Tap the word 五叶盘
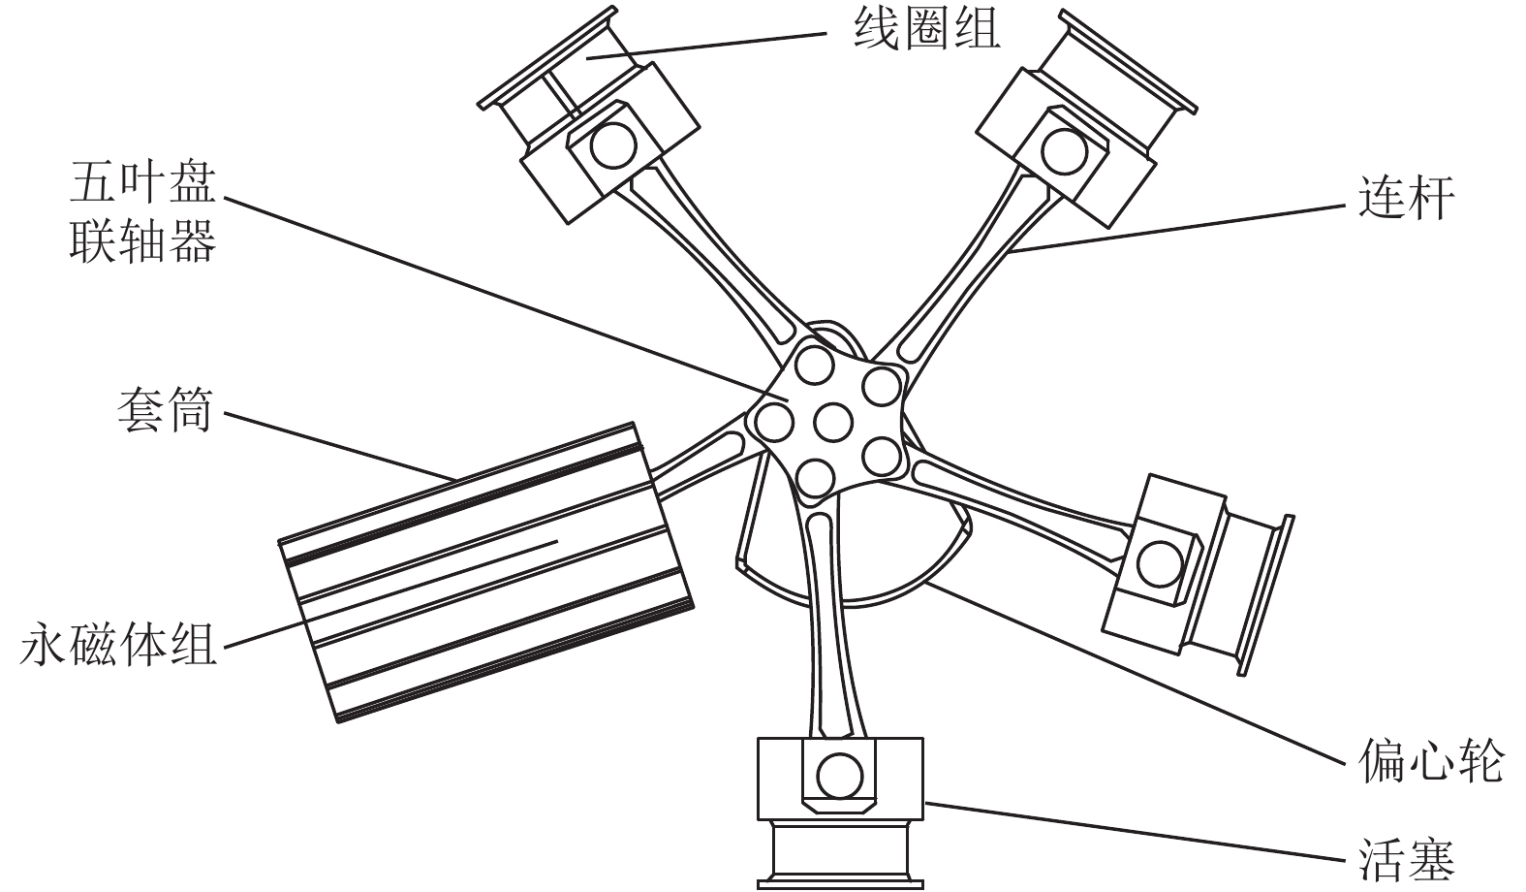tap(142, 183)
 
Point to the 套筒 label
tap(164, 412)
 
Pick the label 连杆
tap(1406, 199)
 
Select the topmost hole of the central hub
tap(814, 366)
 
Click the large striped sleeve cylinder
tap(484, 572)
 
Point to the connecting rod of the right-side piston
tap(1017, 494)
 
